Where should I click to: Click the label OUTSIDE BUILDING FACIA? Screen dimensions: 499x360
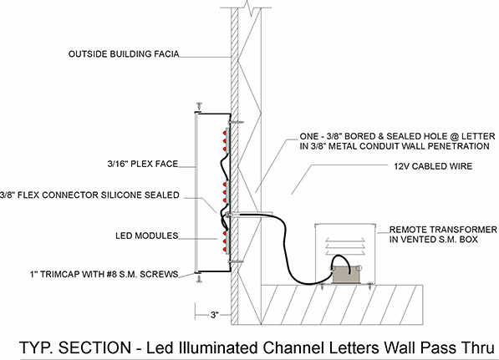(x=124, y=54)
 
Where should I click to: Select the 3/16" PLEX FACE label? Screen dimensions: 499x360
(x=143, y=164)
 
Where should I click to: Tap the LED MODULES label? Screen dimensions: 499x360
(x=147, y=236)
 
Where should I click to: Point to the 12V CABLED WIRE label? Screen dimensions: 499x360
(x=433, y=166)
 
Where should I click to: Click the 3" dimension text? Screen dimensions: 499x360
(x=215, y=315)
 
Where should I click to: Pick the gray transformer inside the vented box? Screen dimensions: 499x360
(x=346, y=275)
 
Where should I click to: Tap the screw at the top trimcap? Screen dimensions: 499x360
(x=199, y=106)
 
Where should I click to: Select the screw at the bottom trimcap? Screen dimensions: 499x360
(x=199, y=279)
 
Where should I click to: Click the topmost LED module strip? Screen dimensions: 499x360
(x=227, y=140)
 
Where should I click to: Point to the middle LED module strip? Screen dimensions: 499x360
(x=227, y=191)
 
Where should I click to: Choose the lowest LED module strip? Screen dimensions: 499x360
(x=227, y=242)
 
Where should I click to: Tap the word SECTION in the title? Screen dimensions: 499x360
(x=94, y=347)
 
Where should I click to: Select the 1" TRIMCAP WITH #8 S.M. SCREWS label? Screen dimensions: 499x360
(x=104, y=274)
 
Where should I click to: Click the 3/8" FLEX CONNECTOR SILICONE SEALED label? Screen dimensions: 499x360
(x=89, y=195)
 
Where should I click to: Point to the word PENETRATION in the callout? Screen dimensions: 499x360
(x=458, y=146)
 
